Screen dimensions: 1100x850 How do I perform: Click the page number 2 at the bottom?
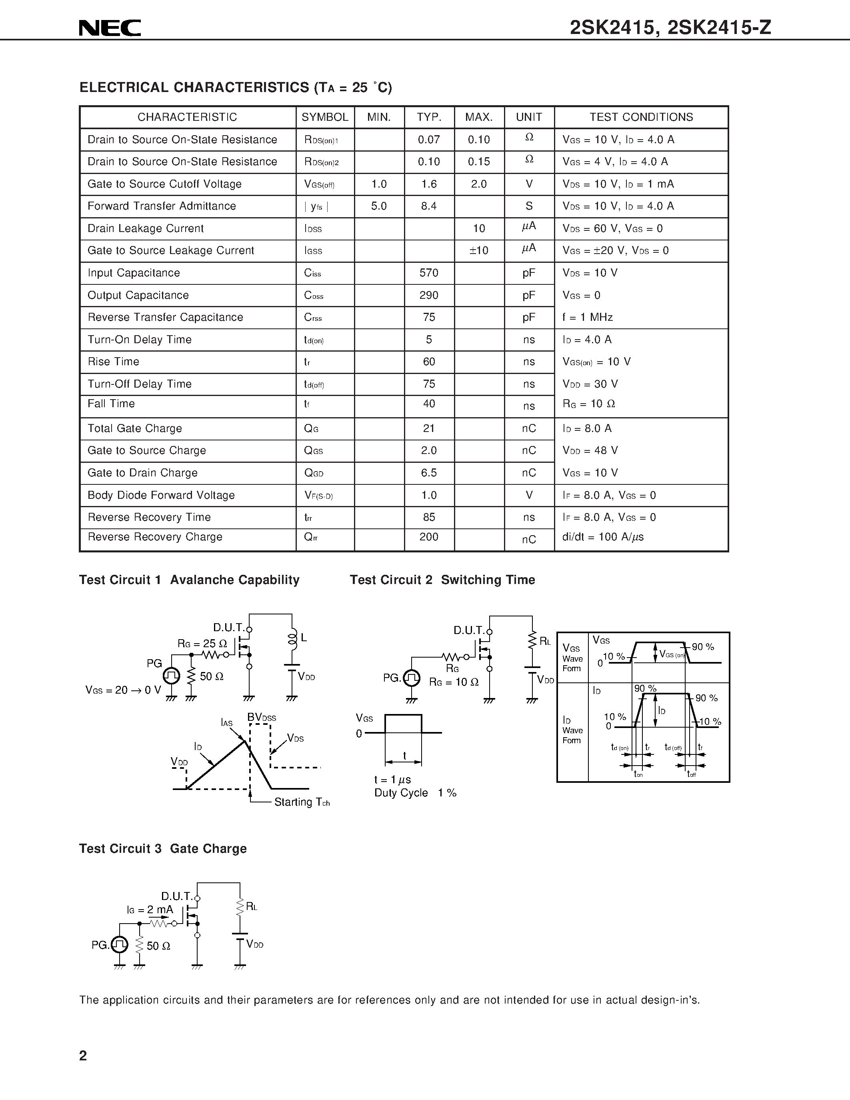click(83, 1056)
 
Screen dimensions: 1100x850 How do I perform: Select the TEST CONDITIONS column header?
click(641, 117)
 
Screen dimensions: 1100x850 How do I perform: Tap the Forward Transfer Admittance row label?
click(162, 206)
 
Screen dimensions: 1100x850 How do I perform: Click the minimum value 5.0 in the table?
click(379, 206)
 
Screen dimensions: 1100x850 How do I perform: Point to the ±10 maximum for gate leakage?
click(479, 251)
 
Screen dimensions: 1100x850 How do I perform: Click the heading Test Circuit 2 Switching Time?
click(442, 580)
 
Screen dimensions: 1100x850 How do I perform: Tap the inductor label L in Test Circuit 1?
click(304, 638)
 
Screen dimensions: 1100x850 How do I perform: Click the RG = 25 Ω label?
click(202, 644)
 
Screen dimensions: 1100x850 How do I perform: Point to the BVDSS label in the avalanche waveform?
click(261, 717)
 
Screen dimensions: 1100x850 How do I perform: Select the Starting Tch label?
click(302, 802)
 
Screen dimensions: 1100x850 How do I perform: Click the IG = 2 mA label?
click(150, 910)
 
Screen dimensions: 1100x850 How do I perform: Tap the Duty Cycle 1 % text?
click(415, 793)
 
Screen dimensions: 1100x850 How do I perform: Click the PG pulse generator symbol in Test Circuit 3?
click(119, 944)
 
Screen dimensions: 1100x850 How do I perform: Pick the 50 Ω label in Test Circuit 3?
click(158, 946)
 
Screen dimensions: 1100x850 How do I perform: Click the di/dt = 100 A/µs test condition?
click(603, 537)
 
